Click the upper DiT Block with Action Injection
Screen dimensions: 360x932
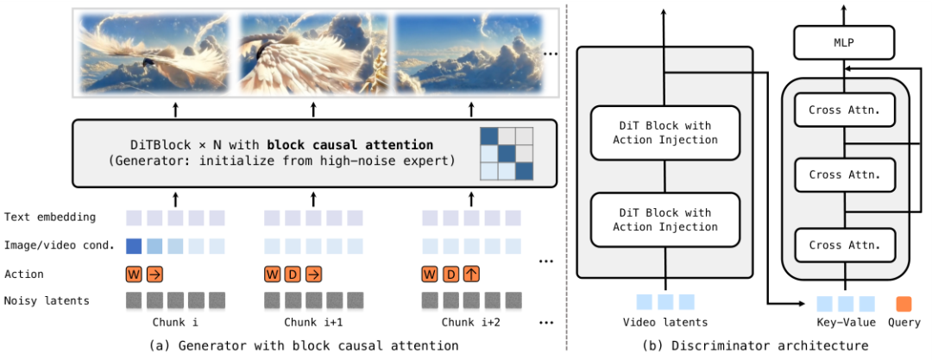point(664,133)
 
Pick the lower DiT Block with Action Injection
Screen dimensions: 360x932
point(664,219)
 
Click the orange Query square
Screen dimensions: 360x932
point(904,303)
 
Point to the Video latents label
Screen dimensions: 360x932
point(664,323)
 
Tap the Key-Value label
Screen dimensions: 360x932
point(846,323)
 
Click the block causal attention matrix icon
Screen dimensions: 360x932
point(507,153)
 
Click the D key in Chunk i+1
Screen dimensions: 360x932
point(293,274)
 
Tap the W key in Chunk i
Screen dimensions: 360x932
point(134,274)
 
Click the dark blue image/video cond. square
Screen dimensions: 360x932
point(134,245)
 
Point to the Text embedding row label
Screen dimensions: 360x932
point(49,217)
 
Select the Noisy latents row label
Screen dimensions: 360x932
point(47,300)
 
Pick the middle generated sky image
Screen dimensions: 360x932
point(313,52)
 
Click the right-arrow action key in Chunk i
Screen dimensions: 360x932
point(154,274)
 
